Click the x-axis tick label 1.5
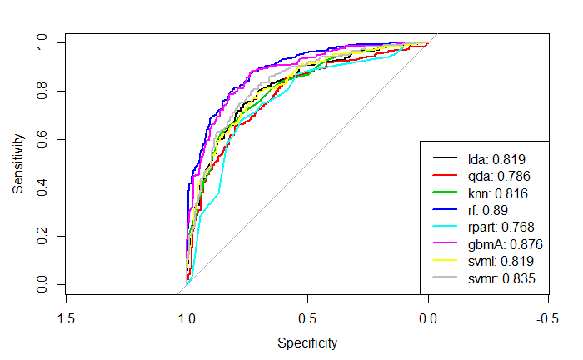(x=66, y=317)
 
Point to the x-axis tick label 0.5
(x=307, y=317)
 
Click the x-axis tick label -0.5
(x=547, y=317)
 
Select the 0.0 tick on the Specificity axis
(x=428, y=317)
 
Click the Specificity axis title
(x=307, y=342)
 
